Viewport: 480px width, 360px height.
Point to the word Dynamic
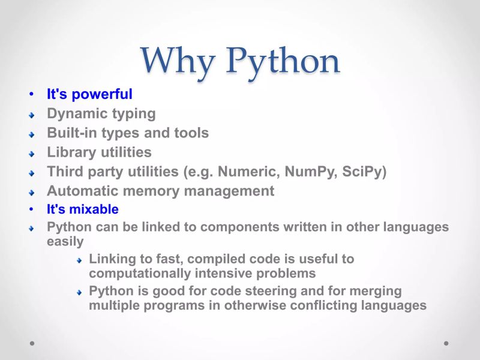(75, 113)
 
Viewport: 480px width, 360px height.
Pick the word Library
(69, 152)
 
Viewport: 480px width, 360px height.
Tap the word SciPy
(361, 172)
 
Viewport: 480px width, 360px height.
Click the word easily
(65, 241)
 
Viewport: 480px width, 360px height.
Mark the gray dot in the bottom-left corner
(32, 344)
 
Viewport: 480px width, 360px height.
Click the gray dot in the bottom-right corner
(446, 344)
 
